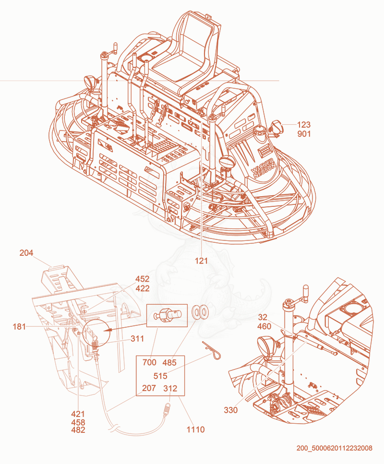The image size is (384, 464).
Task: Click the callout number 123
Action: pos(304,125)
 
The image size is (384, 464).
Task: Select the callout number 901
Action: pos(304,134)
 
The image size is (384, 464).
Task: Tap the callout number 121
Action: pos(201,261)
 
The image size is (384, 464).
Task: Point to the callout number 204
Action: pos(26,253)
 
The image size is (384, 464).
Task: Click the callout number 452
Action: pos(143,279)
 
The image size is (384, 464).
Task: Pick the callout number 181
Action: pos(19,327)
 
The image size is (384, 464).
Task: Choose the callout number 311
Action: pos(137,339)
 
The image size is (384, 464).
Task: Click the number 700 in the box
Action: pos(149,362)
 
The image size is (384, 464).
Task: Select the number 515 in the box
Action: pos(160,376)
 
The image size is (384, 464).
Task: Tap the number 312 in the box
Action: pos(170,388)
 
